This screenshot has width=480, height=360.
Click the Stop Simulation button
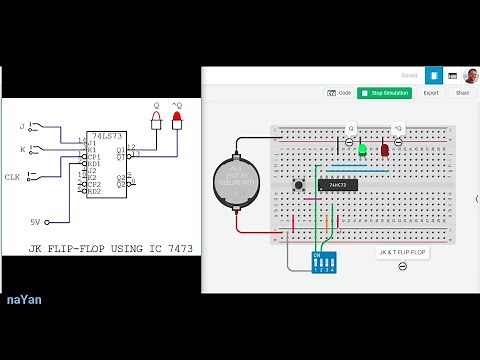(x=384, y=93)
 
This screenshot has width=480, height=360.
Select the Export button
(x=431, y=93)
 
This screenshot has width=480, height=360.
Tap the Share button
(x=462, y=93)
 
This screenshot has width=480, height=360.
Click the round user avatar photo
(x=470, y=75)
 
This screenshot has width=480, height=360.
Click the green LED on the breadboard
(x=362, y=150)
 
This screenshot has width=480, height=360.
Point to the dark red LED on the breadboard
(x=385, y=151)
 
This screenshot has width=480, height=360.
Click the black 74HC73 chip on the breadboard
(x=337, y=185)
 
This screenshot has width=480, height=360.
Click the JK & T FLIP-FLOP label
(x=402, y=254)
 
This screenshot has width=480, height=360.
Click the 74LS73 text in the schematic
(x=104, y=135)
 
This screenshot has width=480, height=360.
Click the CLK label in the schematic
(x=12, y=177)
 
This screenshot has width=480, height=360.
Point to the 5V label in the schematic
(x=34, y=222)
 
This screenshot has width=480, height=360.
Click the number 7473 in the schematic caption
(x=167, y=246)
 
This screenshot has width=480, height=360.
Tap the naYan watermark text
(x=24, y=299)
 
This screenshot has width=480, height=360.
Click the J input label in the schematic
(x=21, y=127)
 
